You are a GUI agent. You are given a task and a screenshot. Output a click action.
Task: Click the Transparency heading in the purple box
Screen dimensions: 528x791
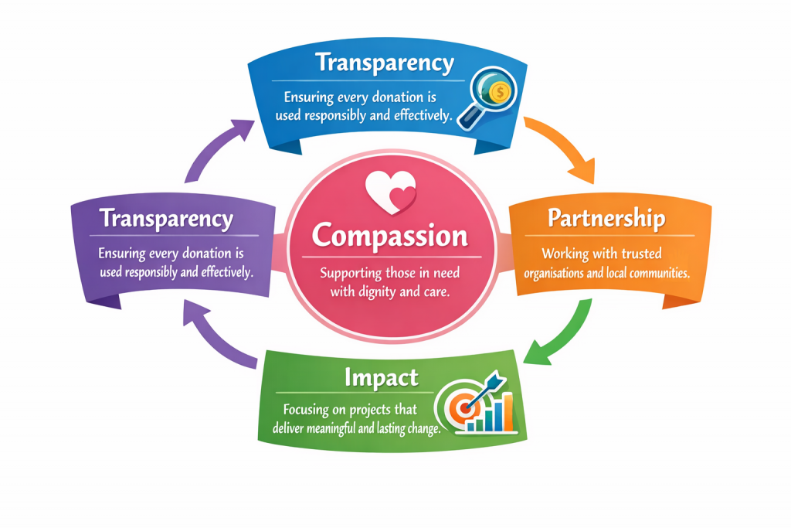[x=167, y=219]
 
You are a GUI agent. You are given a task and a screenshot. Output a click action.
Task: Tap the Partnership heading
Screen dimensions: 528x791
[x=606, y=219]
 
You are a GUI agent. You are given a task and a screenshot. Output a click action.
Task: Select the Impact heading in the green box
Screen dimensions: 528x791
[x=382, y=377]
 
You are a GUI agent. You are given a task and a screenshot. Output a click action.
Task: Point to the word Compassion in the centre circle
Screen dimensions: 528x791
[x=389, y=235]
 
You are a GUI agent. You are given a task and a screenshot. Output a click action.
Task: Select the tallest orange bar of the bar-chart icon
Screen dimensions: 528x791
[x=508, y=411]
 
